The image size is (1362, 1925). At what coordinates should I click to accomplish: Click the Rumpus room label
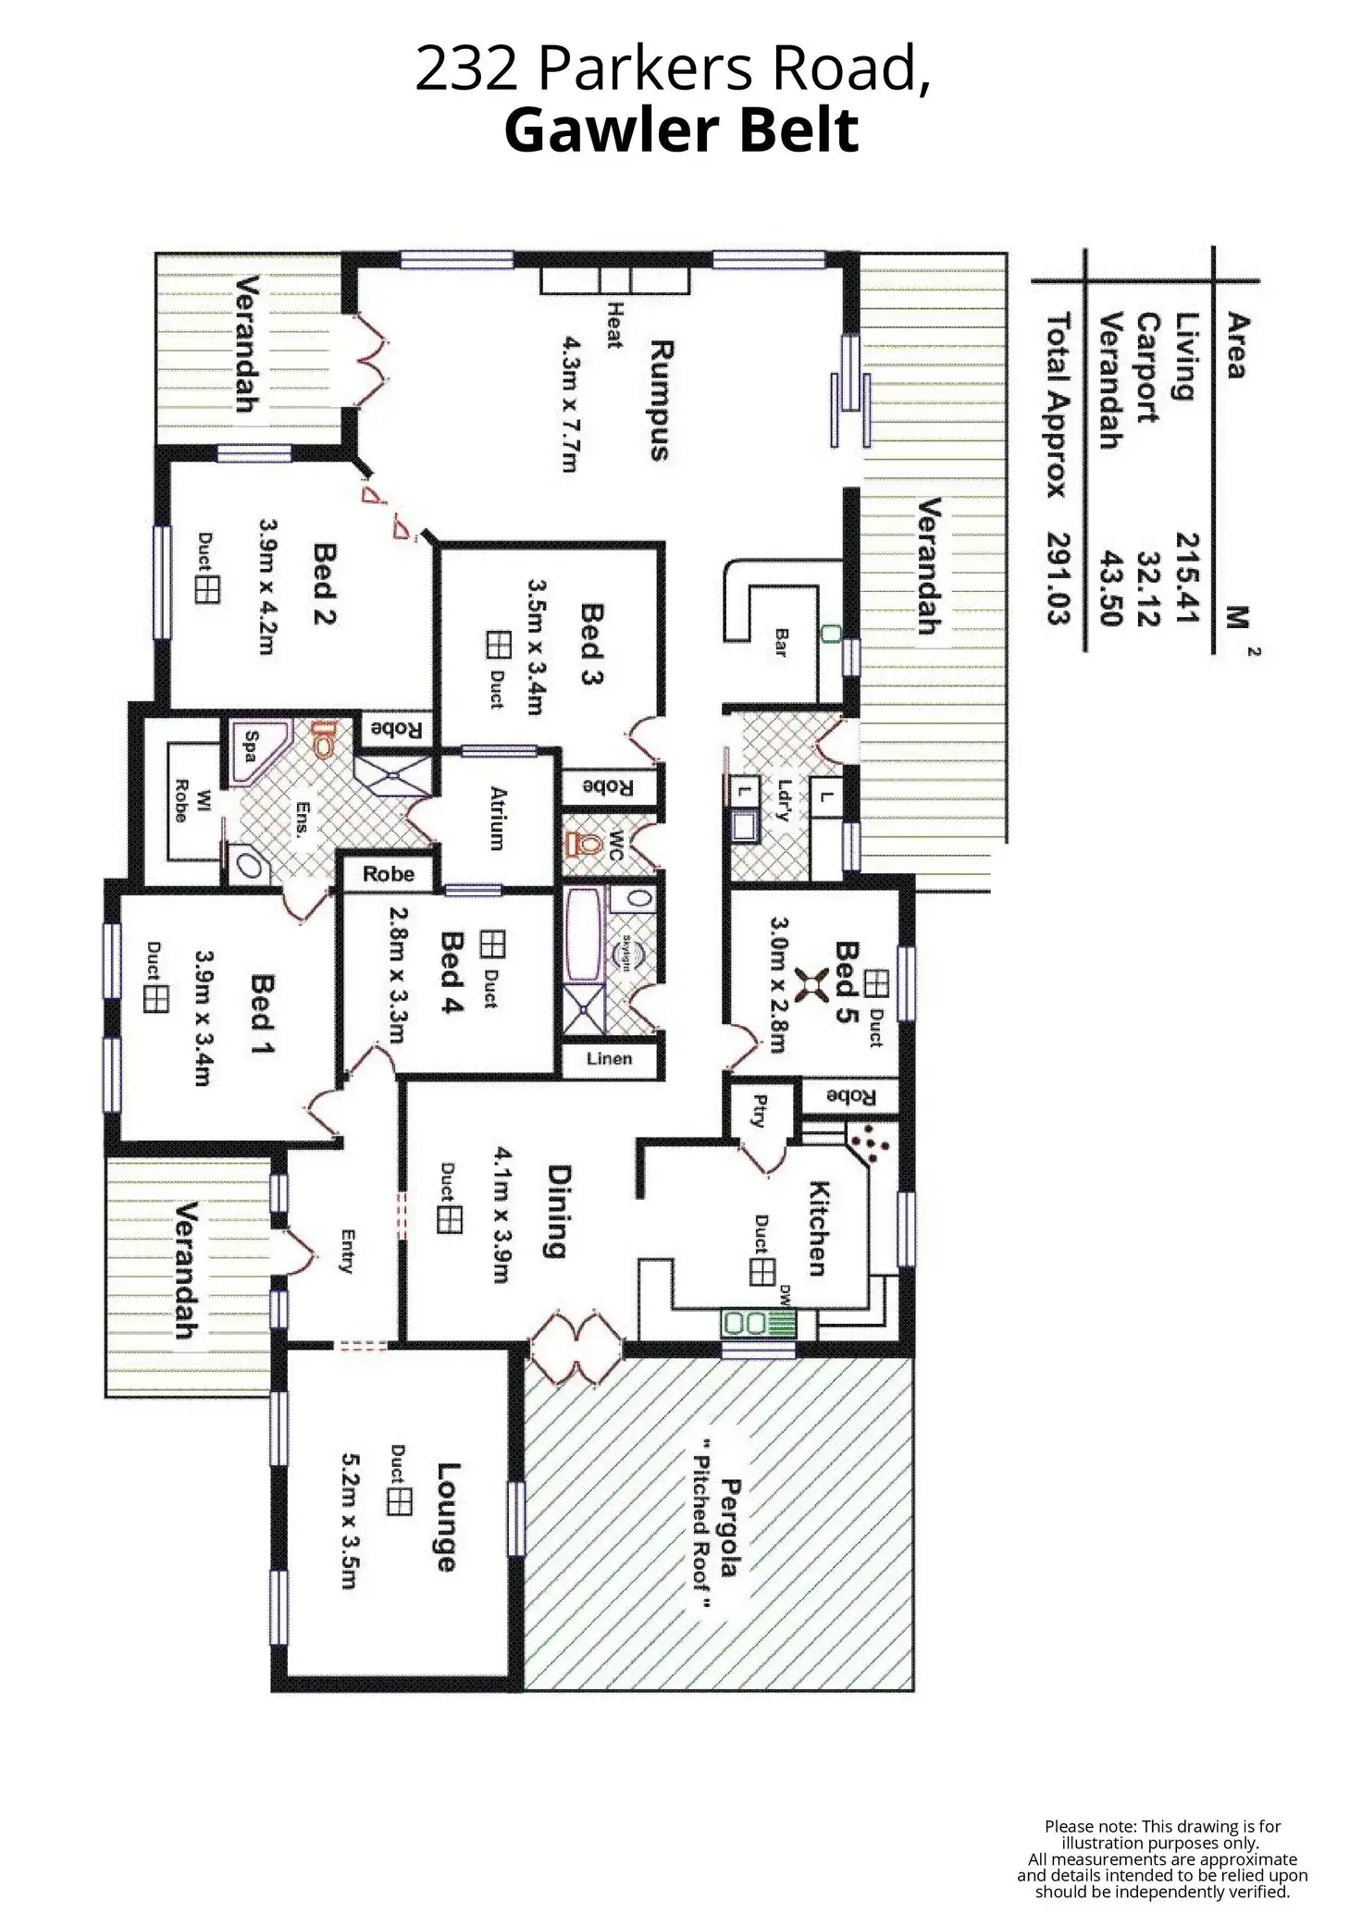[659, 400]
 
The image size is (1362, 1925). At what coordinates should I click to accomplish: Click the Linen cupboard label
[609, 1058]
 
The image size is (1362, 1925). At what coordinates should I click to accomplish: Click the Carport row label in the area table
[1147, 367]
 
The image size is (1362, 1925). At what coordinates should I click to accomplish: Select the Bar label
[780, 642]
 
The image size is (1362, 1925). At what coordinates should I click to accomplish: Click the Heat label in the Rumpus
[612, 325]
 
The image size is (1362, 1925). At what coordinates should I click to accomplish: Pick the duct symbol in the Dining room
[450, 1220]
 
